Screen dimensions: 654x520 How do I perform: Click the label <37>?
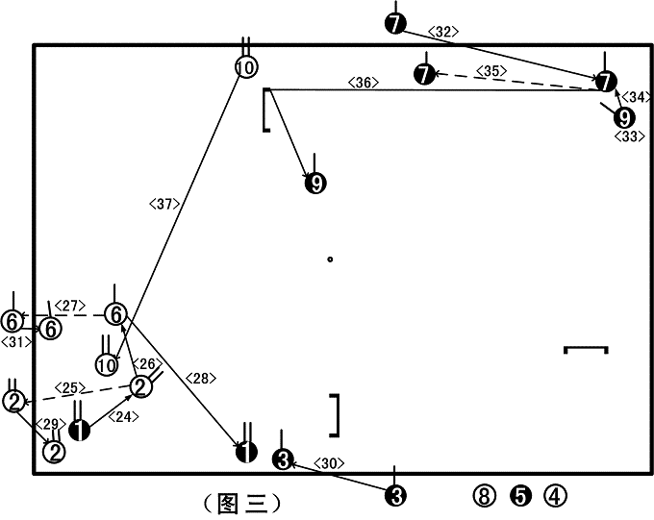(x=164, y=204)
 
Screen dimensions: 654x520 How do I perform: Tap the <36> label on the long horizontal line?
(x=364, y=83)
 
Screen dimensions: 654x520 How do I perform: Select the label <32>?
(x=443, y=32)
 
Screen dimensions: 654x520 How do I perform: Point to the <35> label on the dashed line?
(x=491, y=71)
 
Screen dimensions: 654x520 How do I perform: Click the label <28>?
(x=201, y=378)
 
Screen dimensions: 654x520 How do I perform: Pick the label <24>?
(x=123, y=416)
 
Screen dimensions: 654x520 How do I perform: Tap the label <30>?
(x=329, y=463)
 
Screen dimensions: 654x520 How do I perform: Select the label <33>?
(x=630, y=136)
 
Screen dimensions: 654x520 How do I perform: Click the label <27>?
(x=70, y=306)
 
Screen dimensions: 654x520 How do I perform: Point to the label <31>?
(x=16, y=342)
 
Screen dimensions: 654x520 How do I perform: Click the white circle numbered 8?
(x=484, y=496)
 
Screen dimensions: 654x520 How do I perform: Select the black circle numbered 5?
(x=521, y=496)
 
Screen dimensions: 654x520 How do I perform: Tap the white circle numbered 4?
(x=556, y=496)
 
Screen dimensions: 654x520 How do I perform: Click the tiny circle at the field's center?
(x=330, y=260)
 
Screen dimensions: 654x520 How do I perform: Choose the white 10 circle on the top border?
(x=246, y=66)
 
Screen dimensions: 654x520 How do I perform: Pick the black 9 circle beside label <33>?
(x=624, y=118)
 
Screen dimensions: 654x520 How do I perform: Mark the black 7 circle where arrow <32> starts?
(x=395, y=23)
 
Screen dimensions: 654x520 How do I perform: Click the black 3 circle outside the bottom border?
(x=396, y=496)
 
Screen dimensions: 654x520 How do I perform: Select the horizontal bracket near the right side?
(x=586, y=347)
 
